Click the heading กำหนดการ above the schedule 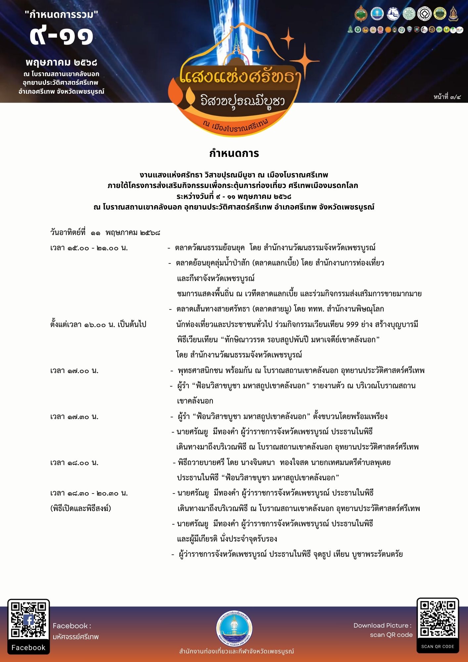pyautogui.click(x=234, y=154)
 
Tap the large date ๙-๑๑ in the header pyautogui.click(x=62, y=36)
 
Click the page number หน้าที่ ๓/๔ pyautogui.click(x=447, y=97)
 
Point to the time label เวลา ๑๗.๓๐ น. pyautogui.click(x=74, y=417)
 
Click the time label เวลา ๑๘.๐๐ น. pyautogui.click(x=74, y=463)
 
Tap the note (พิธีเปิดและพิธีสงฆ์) pyautogui.click(x=81, y=508)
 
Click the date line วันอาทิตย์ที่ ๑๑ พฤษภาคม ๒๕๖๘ pyautogui.click(x=105, y=233)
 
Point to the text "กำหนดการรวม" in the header pyautogui.click(x=62, y=15)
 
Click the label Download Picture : pyautogui.click(x=382, y=625)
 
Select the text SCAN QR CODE pyautogui.click(x=438, y=646)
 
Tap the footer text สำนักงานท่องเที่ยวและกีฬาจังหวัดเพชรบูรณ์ pyautogui.click(x=236, y=651)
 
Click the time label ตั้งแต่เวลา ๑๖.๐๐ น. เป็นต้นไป pyautogui.click(x=98, y=324)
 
